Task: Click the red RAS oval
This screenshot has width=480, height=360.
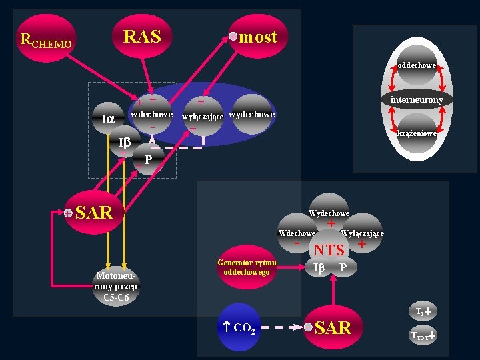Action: pos(142,36)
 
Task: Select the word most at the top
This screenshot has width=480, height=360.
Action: pos(258,37)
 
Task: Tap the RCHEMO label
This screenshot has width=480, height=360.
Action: pos(46,41)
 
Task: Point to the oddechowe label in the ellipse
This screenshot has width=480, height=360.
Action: pos(417,65)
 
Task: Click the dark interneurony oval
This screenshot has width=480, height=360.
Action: pos(417,99)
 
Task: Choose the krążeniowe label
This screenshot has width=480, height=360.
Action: pos(417,133)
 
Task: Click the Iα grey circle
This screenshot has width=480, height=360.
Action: pos(107,119)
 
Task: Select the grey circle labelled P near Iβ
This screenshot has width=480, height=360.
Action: pos(149,159)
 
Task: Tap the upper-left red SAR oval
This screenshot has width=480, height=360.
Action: pos(93,213)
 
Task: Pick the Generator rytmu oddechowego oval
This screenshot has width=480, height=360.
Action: pos(247,267)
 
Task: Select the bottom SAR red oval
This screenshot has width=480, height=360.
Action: pos(333,327)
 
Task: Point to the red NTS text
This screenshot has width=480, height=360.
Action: pos(329,250)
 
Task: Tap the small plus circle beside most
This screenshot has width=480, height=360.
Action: pos(233,36)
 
